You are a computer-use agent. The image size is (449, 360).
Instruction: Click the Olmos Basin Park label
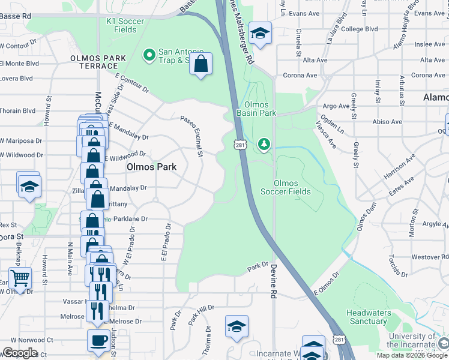(256, 108)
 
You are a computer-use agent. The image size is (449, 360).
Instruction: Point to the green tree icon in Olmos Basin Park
(263, 144)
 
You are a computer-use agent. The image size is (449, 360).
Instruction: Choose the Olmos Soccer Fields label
(286, 187)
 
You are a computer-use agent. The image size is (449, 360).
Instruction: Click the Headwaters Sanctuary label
(368, 317)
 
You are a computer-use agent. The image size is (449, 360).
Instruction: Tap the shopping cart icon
(20, 278)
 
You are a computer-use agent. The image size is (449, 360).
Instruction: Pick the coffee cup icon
(98, 340)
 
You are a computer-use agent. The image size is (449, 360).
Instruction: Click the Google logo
(19, 353)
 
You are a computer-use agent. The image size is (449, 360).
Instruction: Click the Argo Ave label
(336, 106)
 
